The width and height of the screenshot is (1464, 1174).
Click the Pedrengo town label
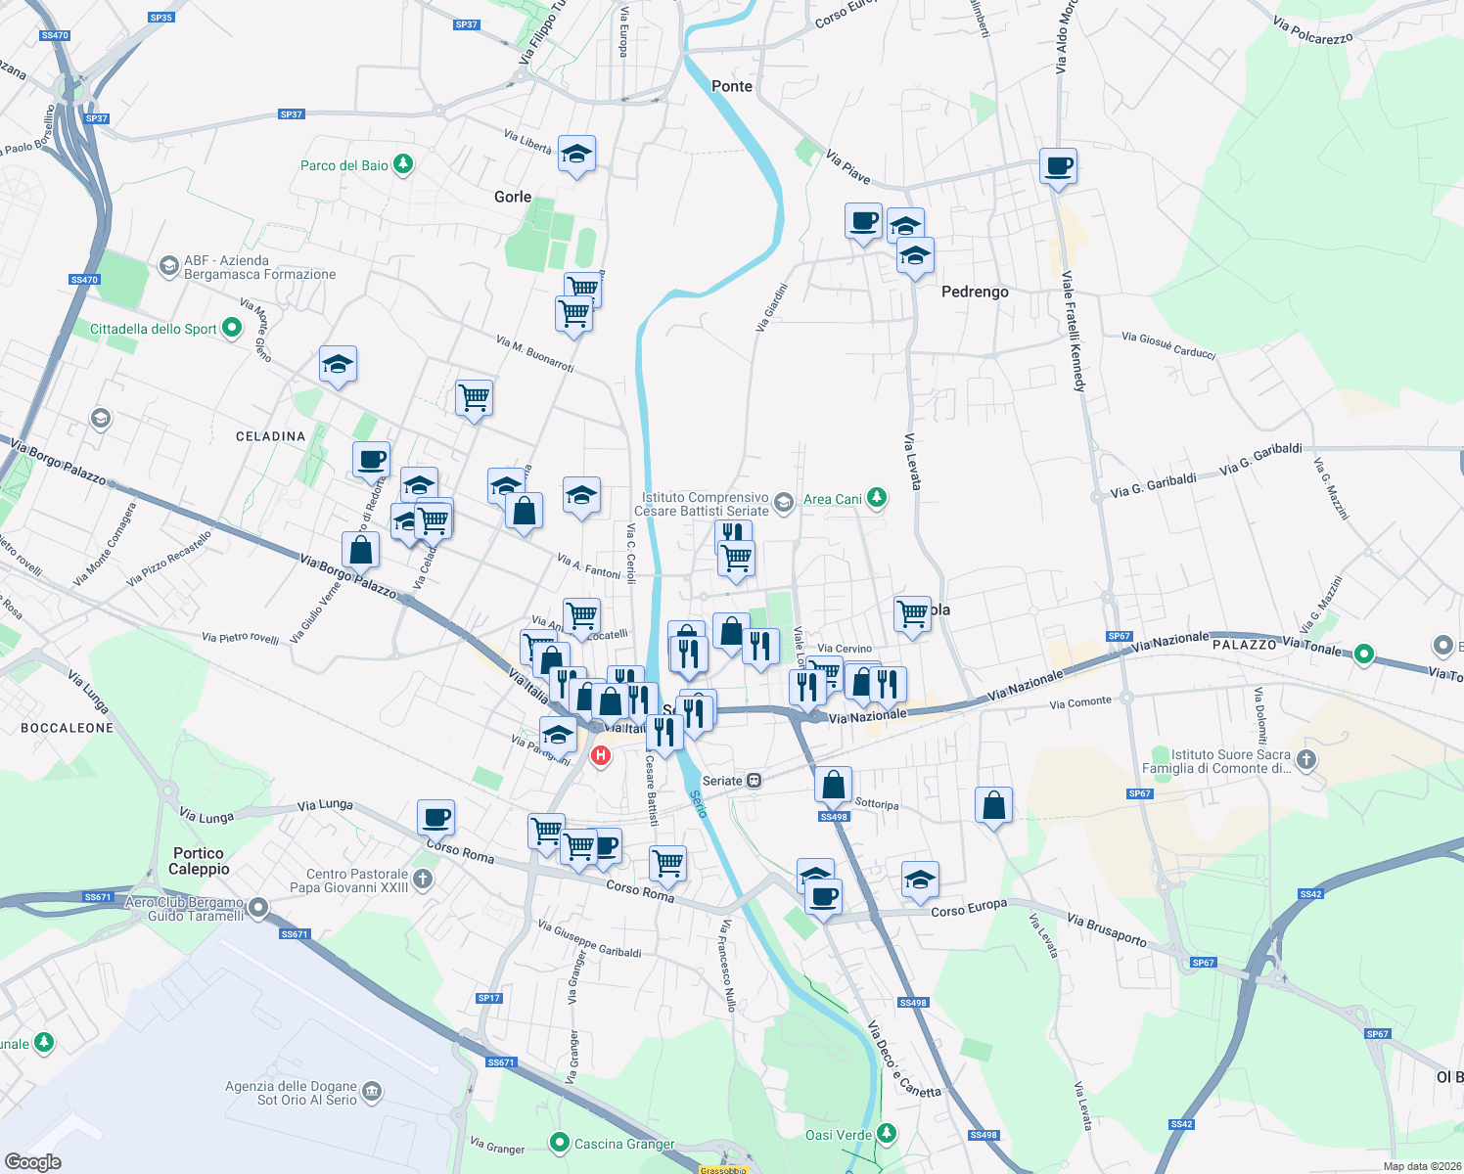974,292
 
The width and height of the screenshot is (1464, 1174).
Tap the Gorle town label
513,197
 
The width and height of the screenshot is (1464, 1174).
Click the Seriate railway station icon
754,781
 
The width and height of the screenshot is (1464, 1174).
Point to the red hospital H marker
601,755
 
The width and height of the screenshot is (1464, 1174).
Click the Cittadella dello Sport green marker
232,328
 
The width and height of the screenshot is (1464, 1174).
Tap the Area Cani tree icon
877,498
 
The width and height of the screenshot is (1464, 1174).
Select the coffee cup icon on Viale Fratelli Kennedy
1058,165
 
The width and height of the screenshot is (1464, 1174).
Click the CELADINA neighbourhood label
270,436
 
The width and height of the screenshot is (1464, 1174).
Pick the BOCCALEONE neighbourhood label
68,728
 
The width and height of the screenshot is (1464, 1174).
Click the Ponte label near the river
732,86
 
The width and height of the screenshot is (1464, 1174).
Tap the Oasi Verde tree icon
887,1133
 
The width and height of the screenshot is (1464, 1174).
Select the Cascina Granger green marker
560,1142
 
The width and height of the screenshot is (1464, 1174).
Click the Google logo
32,1161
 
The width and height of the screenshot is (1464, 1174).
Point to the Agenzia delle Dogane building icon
372,1092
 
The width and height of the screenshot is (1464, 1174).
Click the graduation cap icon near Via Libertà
577,154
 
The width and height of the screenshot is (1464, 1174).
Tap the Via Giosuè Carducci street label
1168,344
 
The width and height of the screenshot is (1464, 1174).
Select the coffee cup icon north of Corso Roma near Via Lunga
435,816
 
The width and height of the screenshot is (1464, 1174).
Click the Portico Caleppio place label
199,861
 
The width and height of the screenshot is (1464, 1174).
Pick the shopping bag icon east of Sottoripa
993,805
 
